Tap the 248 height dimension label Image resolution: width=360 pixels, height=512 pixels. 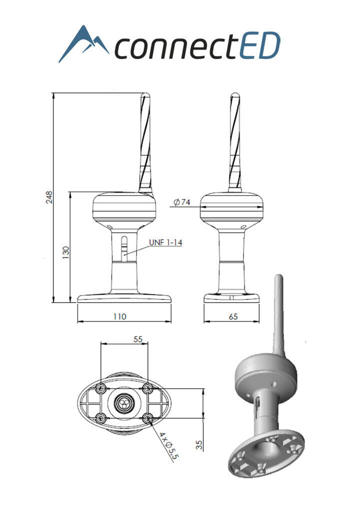click(49, 197)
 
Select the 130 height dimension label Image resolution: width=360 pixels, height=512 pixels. click(66, 252)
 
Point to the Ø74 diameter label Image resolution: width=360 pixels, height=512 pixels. click(182, 202)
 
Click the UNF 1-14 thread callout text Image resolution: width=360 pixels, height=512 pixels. click(165, 242)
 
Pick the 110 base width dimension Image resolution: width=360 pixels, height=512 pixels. click(119, 316)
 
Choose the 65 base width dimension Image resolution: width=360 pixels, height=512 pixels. click(233, 316)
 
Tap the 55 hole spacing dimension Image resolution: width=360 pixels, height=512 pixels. click(138, 339)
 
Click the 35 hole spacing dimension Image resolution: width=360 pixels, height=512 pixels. click(199, 444)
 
